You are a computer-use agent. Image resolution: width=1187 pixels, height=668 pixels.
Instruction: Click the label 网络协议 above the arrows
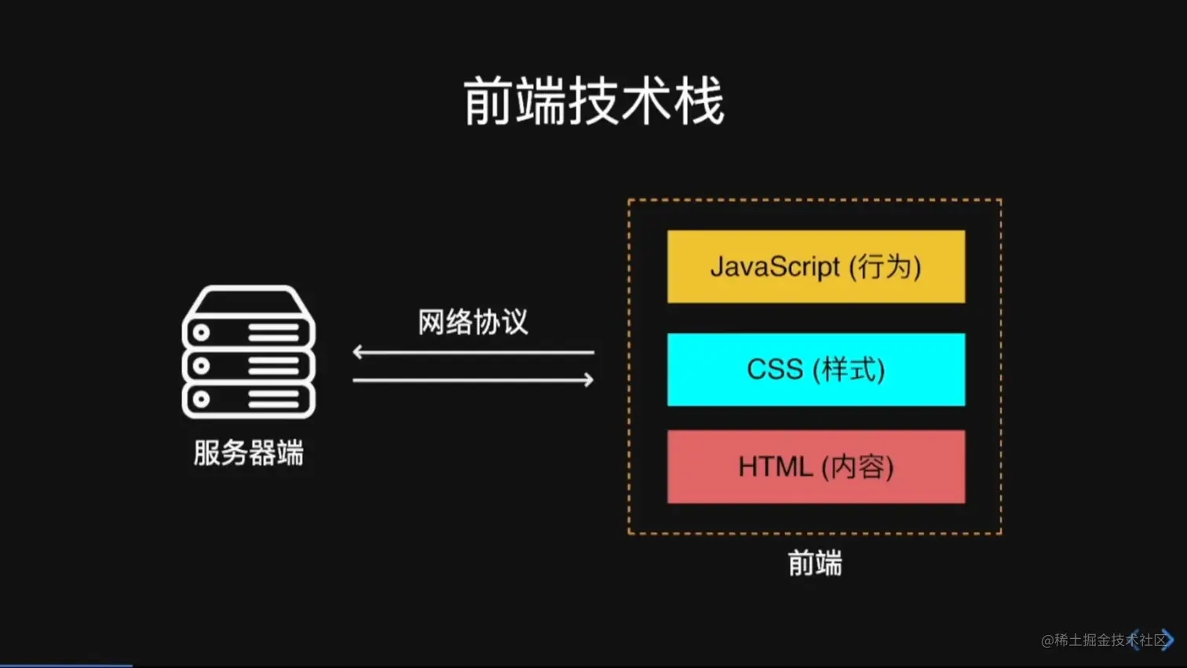tap(473, 322)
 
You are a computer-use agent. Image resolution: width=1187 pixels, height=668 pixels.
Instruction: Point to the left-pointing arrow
tap(473, 352)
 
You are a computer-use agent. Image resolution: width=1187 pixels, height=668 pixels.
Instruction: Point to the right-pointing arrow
tap(473, 380)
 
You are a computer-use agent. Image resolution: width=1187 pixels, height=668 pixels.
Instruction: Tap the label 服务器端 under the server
tap(248, 453)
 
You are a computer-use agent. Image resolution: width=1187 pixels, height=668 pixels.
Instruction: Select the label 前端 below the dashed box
tap(814, 564)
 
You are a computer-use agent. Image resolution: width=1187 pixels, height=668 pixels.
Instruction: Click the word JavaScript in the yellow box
tap(775, 267)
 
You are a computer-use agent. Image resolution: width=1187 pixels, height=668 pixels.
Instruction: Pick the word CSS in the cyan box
tap(774, 369)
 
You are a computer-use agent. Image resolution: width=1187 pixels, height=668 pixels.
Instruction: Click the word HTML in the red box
tap(775, 467)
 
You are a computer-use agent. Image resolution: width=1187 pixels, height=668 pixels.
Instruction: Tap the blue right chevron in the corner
tap(1168, 640)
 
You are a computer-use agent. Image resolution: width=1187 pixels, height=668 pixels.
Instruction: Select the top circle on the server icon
tap(201, 332)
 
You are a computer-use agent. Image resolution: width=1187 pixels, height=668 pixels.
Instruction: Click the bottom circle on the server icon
tap(201, 399)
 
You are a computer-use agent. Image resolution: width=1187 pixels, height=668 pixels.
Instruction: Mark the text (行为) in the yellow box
tap(885, 267)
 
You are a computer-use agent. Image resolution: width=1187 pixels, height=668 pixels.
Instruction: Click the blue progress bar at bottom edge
tap(66, 665)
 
